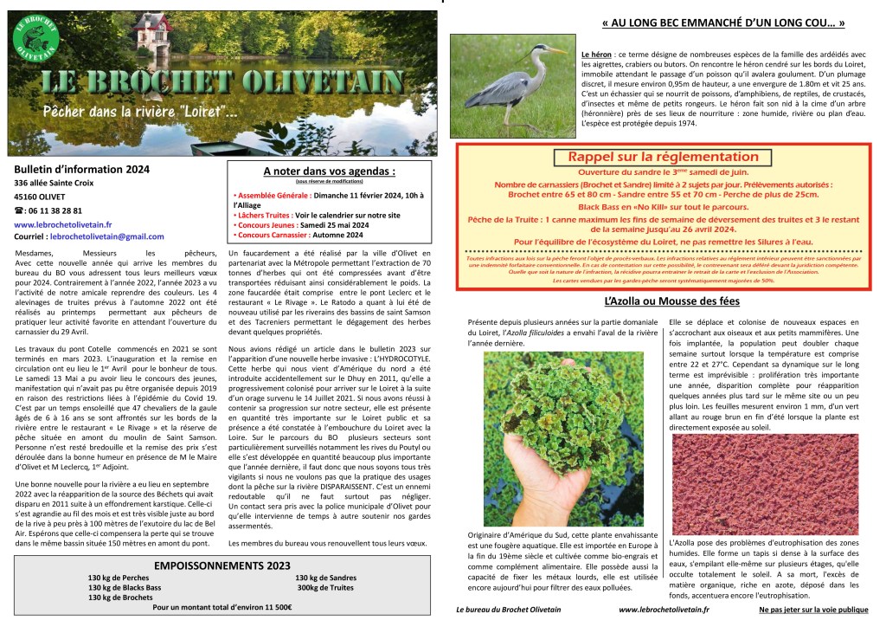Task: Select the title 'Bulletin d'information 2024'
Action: [x=82, y=170]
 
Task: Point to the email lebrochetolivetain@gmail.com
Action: [x=106, y=236]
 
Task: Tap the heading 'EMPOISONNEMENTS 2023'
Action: [x=222, y=565]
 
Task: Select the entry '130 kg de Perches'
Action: [x=119, y=578]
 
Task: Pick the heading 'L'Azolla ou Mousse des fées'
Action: [x=671, y=301]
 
